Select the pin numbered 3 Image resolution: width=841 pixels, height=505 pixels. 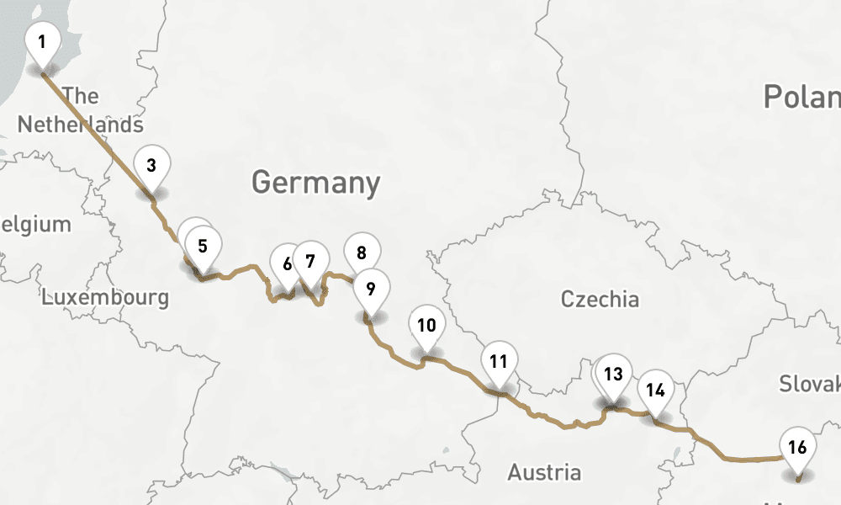tap(151, 164)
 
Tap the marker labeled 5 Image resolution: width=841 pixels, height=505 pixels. tap(203, 246)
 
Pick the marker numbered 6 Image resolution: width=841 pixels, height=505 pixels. tap(286, 263)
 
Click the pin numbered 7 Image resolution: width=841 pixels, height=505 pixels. tap(310, 260)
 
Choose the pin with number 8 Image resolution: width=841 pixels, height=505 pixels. tap(362, 252)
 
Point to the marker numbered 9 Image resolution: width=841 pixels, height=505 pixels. tap(369, 288)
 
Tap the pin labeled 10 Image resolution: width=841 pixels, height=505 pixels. tap(426, 324)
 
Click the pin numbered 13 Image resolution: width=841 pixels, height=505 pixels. tap(614, 373)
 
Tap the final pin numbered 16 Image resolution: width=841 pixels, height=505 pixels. tap(798, 446)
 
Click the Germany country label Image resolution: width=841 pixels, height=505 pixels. tap(315, 182)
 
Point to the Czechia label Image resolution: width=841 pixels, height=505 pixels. tap(600, 299)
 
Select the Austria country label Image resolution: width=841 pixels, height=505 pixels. tap(544, 471)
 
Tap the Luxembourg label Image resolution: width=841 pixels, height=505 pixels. tap(105, 297)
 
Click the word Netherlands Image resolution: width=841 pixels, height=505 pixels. tap(81, 125)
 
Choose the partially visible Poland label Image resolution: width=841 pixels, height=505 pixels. tap(801, 97)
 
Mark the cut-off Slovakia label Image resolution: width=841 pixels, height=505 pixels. tap(809, 384)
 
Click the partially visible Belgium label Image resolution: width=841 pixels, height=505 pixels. tap(35, 225)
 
